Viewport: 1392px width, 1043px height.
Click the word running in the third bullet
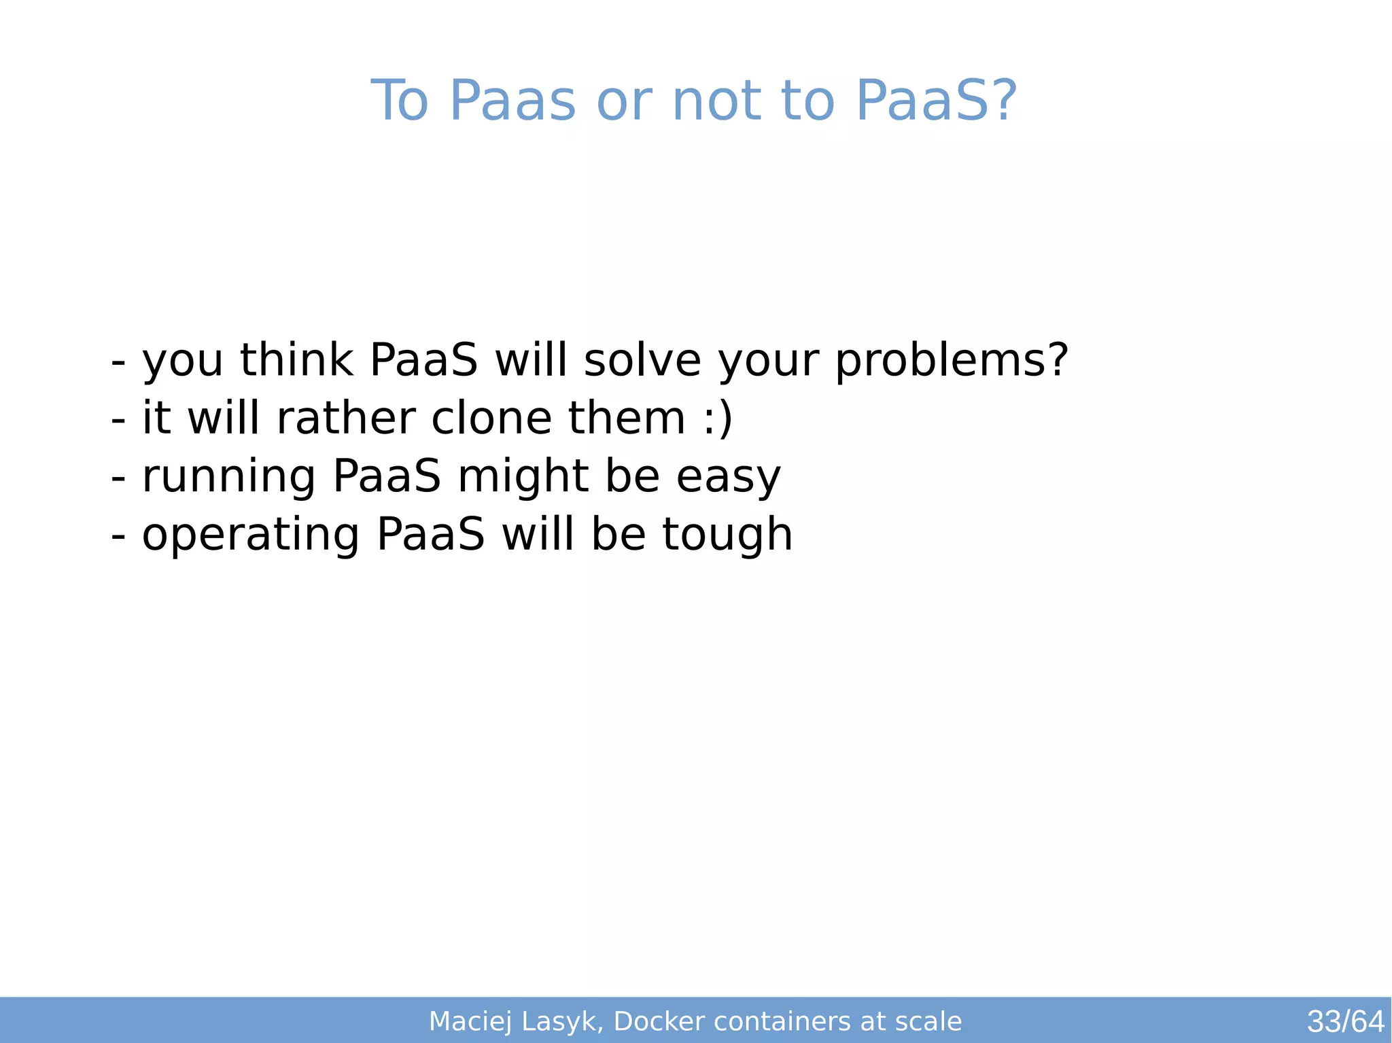click(228, 476)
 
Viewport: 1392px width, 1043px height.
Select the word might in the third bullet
click(523, 476)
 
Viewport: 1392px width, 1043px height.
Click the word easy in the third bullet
click(728, 476)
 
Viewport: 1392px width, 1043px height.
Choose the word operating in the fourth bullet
click(251, 534)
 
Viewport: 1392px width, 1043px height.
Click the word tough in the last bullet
click(727, 534)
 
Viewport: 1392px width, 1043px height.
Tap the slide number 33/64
click(1345, 1021)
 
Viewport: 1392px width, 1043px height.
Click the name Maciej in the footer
click(470, 1021)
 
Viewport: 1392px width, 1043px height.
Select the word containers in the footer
click(783, 1021)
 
